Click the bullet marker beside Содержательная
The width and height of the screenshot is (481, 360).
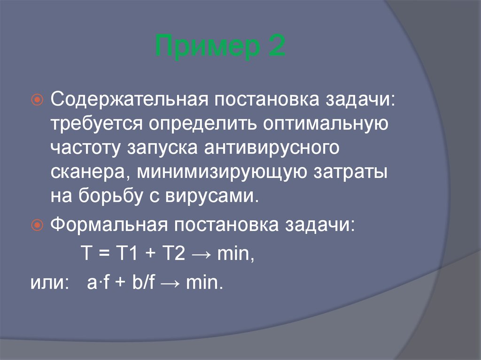[x=39, y=100]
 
